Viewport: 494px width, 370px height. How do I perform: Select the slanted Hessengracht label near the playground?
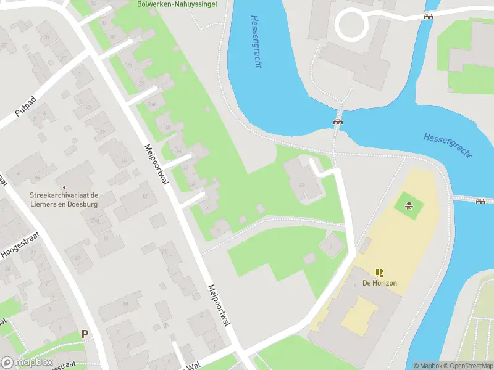[448, 145]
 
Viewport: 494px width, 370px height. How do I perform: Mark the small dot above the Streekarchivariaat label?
[64, 187]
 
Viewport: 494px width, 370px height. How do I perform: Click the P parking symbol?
[85, 334]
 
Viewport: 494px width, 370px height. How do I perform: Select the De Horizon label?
[379, 283]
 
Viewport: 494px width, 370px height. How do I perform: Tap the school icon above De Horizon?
[379, 272]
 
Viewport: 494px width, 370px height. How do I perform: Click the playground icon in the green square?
[408, 205]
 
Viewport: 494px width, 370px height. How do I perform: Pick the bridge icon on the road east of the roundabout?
[429, 17]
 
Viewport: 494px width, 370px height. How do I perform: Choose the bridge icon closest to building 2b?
[338, 121]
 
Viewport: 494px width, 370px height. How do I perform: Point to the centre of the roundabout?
[351, 24]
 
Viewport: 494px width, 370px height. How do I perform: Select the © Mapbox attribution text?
[427, 366]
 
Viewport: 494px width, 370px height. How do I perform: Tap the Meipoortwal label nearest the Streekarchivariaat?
[156, 163]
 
